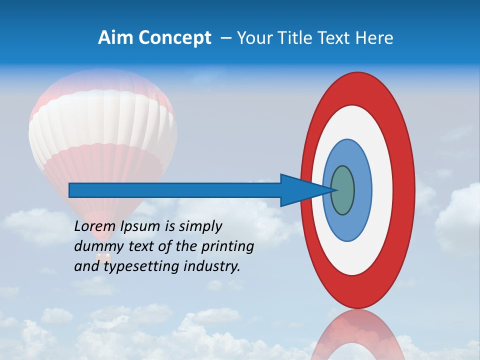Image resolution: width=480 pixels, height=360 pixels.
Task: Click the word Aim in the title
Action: pyautogui.click(x=116, y=38)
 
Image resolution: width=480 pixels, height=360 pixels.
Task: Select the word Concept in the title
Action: pyautogui.click(x=175, y=38)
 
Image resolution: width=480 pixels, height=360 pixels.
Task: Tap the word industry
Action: pyautogui.click(x=212, y=266)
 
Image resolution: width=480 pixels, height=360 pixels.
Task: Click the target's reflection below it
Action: pyautogui.click(x=357, y=335)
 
